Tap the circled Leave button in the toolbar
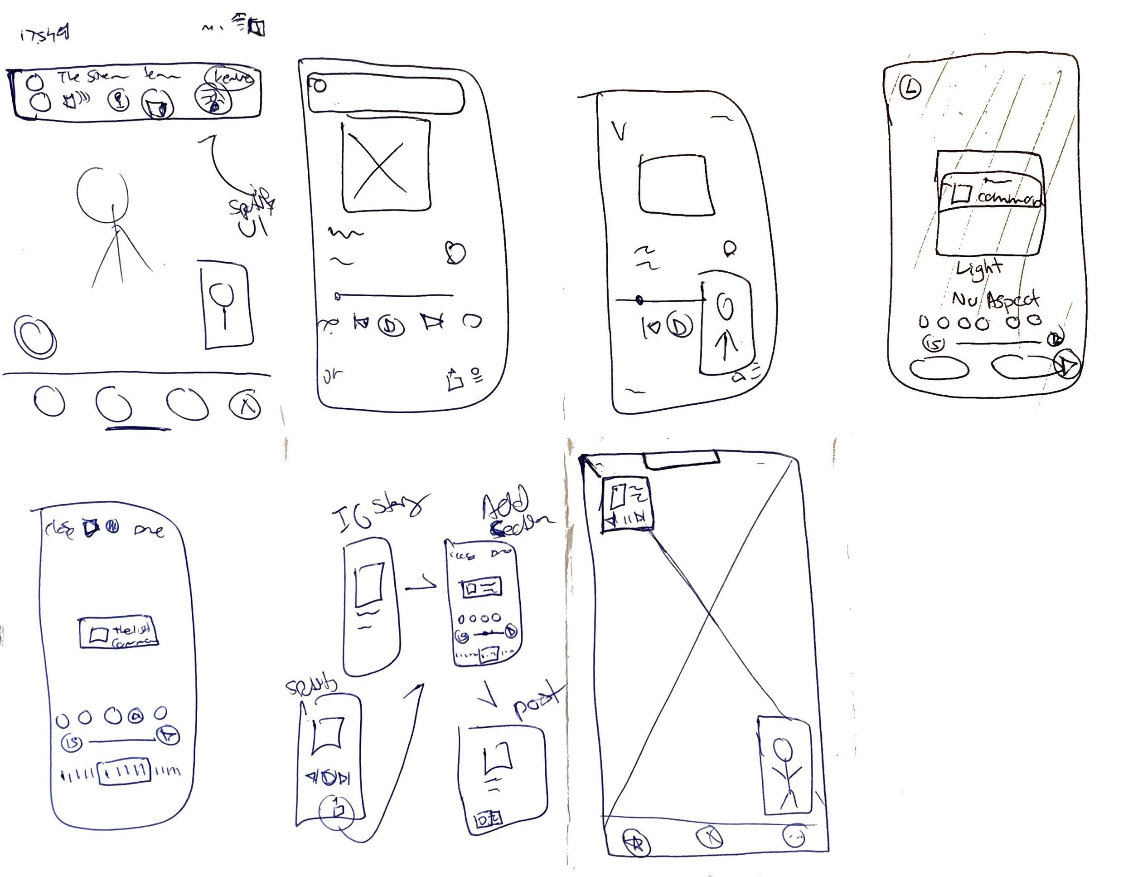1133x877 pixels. tap(231, 78)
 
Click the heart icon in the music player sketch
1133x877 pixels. tap(455, 253)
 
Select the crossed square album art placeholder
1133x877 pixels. tap(386, 166)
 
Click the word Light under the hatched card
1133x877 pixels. tap(979, 269)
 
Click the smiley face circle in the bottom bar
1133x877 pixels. tap(794, 836)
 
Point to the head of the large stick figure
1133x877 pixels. tap(102, 191)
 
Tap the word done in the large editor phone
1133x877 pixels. tap(149, 529)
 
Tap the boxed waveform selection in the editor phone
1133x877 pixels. tap(124, 771)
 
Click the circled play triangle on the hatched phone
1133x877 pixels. tap(1068, 365)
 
